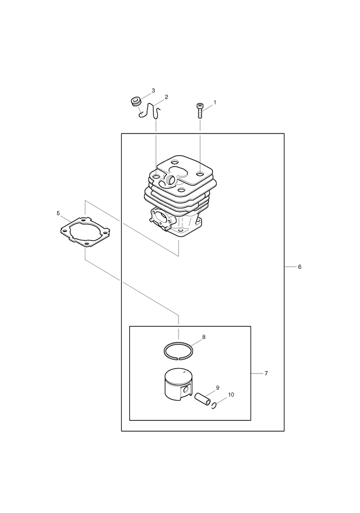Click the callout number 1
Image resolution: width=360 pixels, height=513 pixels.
tap(215, 103)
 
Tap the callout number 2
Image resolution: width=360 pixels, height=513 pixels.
tap(166, 97)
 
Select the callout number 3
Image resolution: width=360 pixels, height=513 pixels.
tap(153, 90)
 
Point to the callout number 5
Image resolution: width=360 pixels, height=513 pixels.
tap(58, 213)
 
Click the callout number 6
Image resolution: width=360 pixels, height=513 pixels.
tap(299, 267)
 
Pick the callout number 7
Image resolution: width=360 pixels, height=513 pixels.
tap(266, 373)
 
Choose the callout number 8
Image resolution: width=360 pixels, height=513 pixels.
tap(204, 337)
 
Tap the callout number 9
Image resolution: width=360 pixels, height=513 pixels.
tap(217, 388)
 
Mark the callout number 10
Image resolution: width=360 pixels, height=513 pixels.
tap(231, 395)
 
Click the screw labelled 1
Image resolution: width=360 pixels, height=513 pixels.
tap(199, 110)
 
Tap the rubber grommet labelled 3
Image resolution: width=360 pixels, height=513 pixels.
tap(135, 101)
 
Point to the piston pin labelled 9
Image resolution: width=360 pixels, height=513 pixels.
tap(202, 399)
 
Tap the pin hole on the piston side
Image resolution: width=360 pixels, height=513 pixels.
tap(186, 389)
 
